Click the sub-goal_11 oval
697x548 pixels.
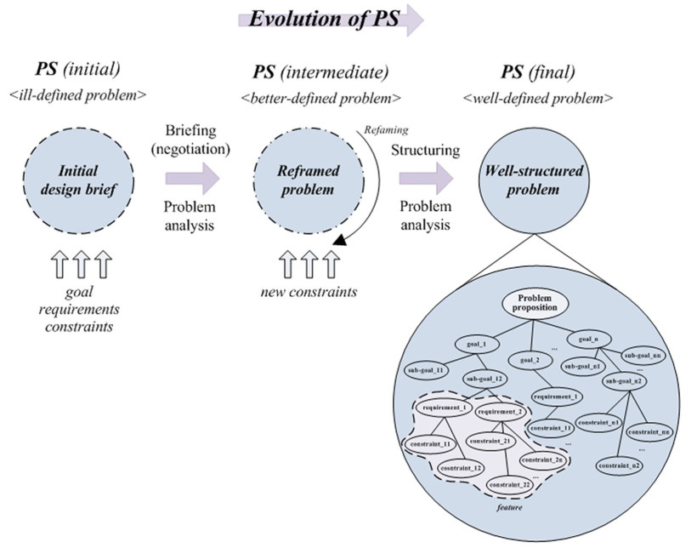coord(425,370)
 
